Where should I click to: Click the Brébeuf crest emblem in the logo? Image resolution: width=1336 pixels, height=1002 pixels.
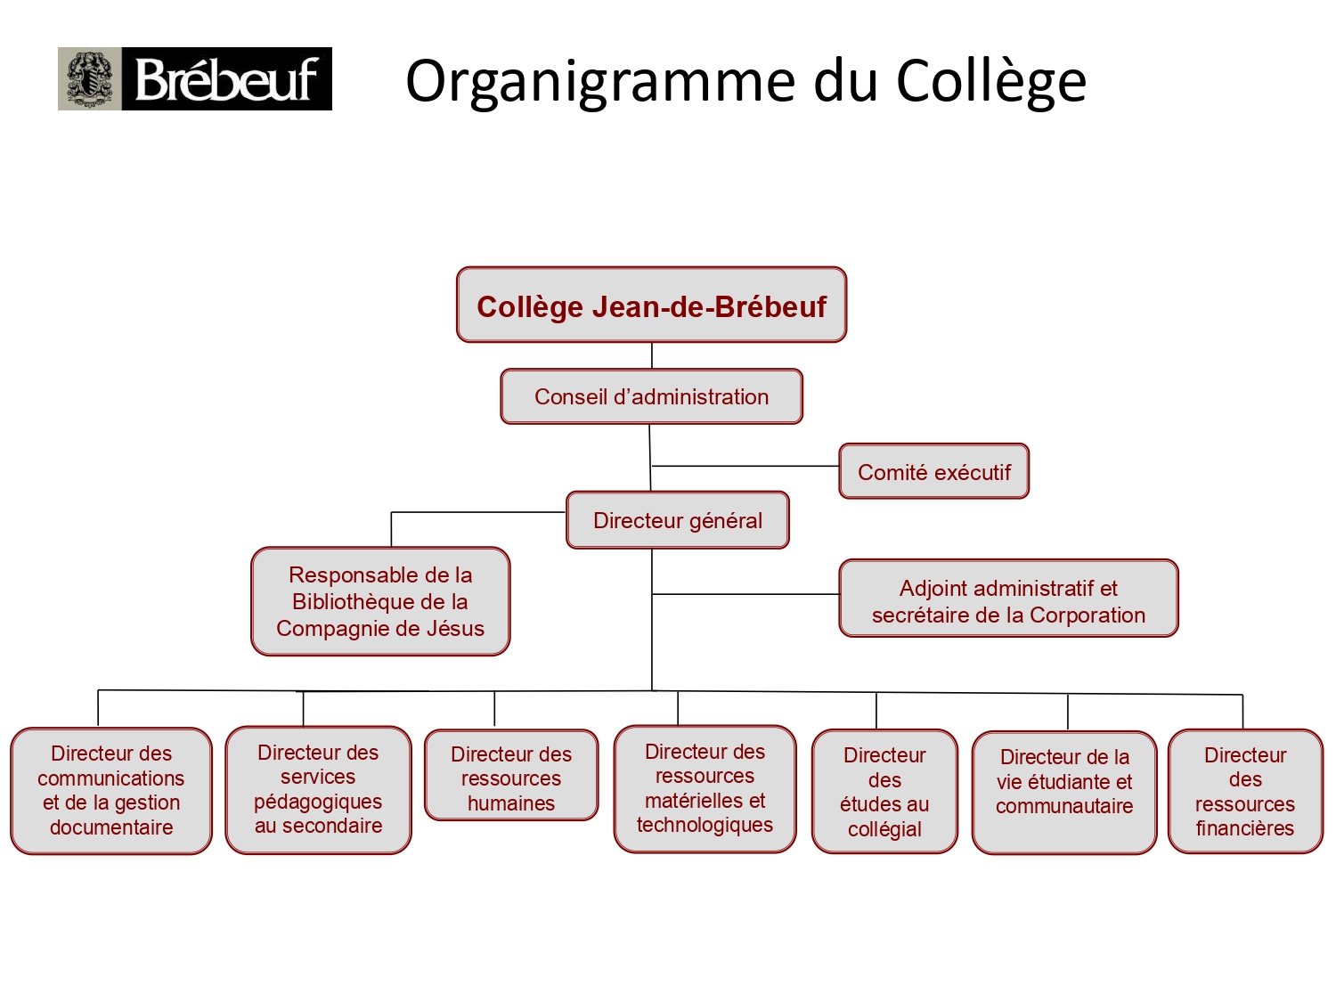click(x=90, y=79)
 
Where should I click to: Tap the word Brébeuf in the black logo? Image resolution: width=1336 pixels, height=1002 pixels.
click(x=226, y=79)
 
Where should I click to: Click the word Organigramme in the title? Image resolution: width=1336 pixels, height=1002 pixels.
click(x=600, y=82)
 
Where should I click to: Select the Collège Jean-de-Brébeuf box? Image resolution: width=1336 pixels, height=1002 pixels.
click(x=651, y=305)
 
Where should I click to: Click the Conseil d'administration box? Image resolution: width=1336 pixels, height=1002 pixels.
click(x=651, y=396)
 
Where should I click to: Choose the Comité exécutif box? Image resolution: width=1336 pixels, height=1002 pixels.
click(x=933, y=471)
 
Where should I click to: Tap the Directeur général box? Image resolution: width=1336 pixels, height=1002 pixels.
click(x=678, y=520)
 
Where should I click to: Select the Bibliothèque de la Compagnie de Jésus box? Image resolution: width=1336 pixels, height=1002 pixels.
click(x=380, y=602)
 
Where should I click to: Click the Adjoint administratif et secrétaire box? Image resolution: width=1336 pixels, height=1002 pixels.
click(x=1008, y=598)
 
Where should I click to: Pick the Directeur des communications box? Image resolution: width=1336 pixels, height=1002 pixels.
click(x=111, y=791)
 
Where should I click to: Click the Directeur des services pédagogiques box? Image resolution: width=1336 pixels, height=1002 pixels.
click(x=318, y=790)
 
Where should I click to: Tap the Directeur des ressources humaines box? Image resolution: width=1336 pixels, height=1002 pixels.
click(x=511, y=775)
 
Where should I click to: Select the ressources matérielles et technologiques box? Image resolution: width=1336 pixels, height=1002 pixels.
click(x=705, y=788)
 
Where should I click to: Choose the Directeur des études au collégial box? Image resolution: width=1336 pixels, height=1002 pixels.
click(x=884, y=791)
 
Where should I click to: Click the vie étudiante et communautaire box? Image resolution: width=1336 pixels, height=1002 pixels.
click(x=1064, y=793)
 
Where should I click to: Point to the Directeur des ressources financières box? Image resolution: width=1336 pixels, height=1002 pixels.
click(x=1245, y=791)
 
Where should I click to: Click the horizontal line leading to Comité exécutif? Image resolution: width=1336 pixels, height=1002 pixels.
click(x=745, y=466)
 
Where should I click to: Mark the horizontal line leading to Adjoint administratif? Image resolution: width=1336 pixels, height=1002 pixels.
click(x=745, y=594)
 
